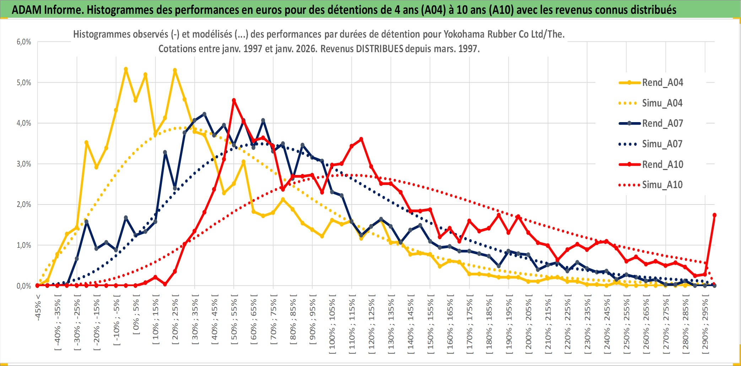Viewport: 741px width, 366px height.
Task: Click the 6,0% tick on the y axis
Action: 24,42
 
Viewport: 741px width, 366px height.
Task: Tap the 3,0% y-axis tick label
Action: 24,164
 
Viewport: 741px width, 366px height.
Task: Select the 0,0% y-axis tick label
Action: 24,286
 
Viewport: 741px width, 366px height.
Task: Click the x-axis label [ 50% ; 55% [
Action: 234,322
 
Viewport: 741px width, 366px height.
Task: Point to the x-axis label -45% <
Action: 38,307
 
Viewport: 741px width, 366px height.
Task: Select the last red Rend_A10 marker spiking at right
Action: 714,215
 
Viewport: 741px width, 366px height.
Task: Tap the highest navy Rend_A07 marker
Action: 204,114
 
